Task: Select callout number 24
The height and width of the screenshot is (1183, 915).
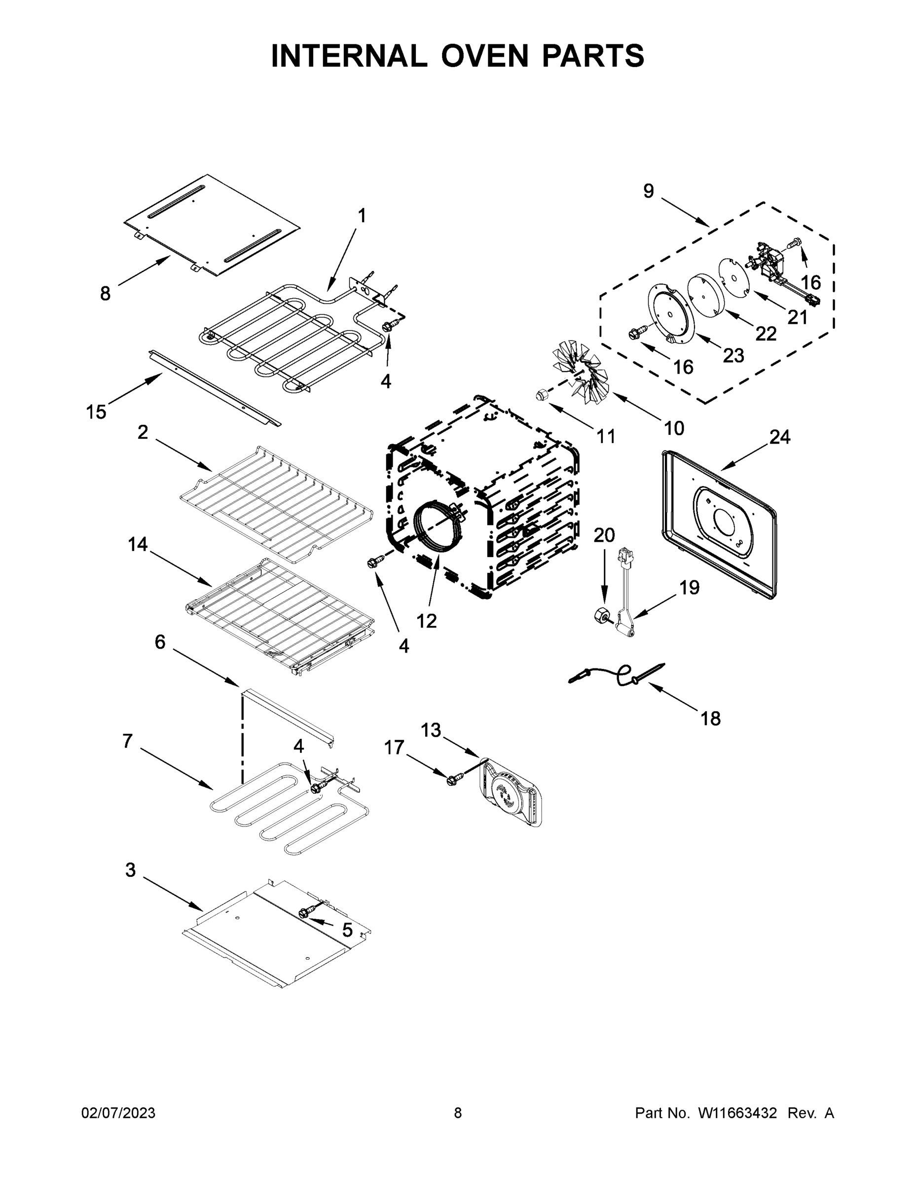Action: (x=779, y=437)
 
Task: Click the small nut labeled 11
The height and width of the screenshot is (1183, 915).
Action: (x=541, y=395)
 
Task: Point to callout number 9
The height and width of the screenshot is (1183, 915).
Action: (x=648, y=191)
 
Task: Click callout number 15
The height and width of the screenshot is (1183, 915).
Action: (x=96, y=412)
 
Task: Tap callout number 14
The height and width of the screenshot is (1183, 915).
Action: (x=138, y=544)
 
